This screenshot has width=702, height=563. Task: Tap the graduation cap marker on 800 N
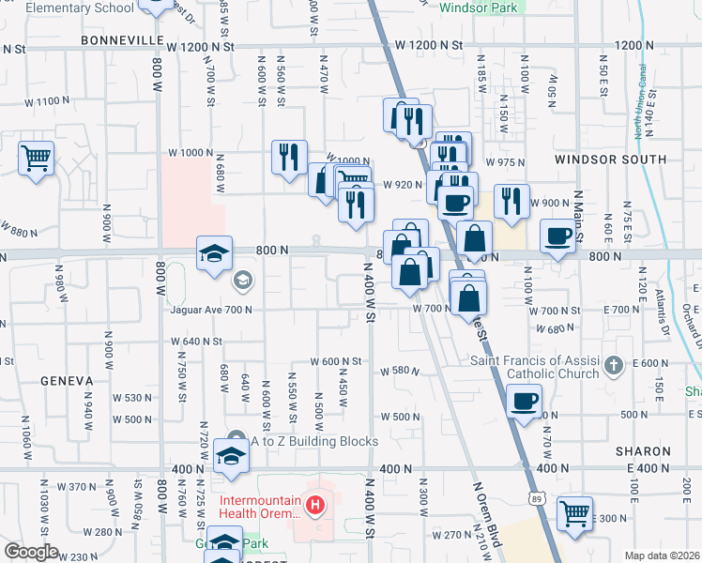pos(214,252)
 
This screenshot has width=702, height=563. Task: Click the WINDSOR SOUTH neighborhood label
pos(610,160)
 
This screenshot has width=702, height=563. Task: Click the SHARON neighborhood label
pos(643,451)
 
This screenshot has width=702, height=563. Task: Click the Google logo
pos(31,552)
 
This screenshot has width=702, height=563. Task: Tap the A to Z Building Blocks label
pos(313,441)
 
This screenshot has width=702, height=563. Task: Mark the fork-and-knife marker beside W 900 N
pos(511,201)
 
